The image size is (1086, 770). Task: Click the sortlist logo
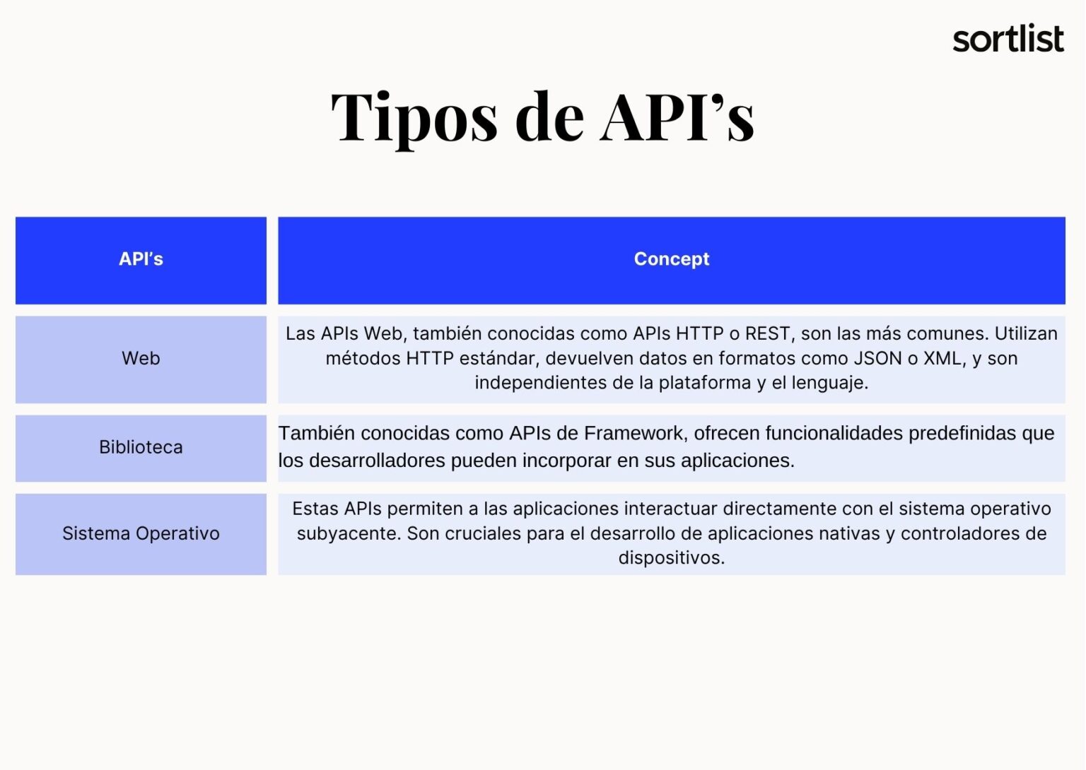1008,40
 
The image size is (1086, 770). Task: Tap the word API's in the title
677,117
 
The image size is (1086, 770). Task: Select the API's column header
141,259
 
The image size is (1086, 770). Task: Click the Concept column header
671,259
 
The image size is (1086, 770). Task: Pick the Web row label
141,358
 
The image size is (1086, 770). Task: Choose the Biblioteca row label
141,447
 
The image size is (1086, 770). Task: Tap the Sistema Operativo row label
141,533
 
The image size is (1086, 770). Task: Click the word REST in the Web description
767,333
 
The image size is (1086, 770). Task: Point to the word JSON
877,358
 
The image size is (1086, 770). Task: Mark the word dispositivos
671,558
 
